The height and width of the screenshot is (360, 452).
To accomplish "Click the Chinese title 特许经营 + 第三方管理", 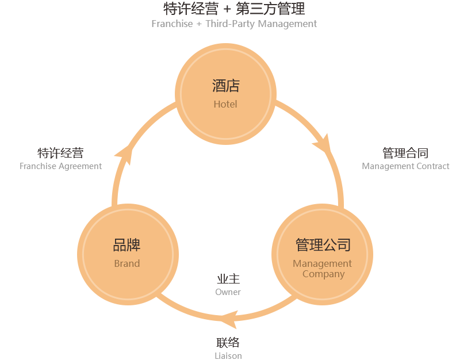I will coord(234,9).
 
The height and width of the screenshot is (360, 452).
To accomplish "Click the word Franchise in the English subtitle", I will coord(172,24).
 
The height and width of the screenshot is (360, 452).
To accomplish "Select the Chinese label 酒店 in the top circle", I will coord(225,86).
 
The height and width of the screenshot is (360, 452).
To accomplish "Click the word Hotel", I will coord(225,104).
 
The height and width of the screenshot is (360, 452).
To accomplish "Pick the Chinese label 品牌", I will coord(127,245).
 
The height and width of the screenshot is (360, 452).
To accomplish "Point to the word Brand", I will coord(127,263).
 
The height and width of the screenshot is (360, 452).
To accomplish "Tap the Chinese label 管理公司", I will coord(323,245).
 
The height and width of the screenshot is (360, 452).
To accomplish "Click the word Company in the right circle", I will coord(323,274).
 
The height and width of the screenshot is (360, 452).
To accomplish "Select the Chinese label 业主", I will coord(228,279).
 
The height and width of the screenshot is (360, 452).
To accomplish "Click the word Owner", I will coord(228,292).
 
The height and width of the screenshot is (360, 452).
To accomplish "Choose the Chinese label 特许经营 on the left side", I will coord(60,153).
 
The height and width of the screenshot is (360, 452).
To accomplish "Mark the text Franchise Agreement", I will coord(60,166).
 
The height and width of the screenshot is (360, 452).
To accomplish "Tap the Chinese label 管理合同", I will coord(405,153).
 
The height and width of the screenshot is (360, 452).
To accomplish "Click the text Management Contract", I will coord(405,166).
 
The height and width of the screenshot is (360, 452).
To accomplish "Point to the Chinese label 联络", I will coord(228,343).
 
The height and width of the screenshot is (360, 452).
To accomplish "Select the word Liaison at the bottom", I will coord(228,355).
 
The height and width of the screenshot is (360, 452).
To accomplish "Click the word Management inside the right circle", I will coord(322,263).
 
